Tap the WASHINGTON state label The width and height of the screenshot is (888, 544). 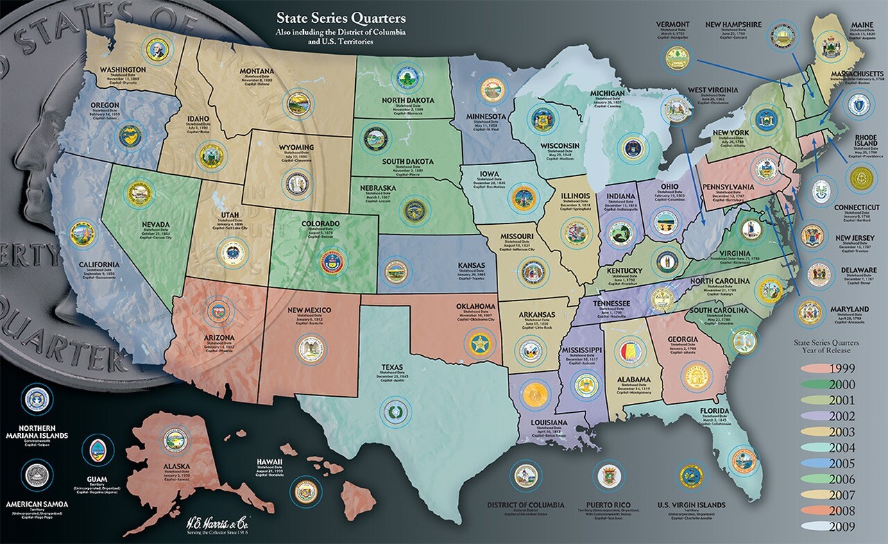click(x=122, y=70)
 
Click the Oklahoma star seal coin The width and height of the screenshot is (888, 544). click(x=477, y=343)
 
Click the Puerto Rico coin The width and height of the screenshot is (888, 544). click(x=612, y=476)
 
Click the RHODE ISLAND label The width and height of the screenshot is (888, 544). click(x=863, y=141)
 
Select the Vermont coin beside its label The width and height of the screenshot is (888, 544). click(x=676, y=58)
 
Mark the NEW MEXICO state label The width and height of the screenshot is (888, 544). click(x=309, y=309)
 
